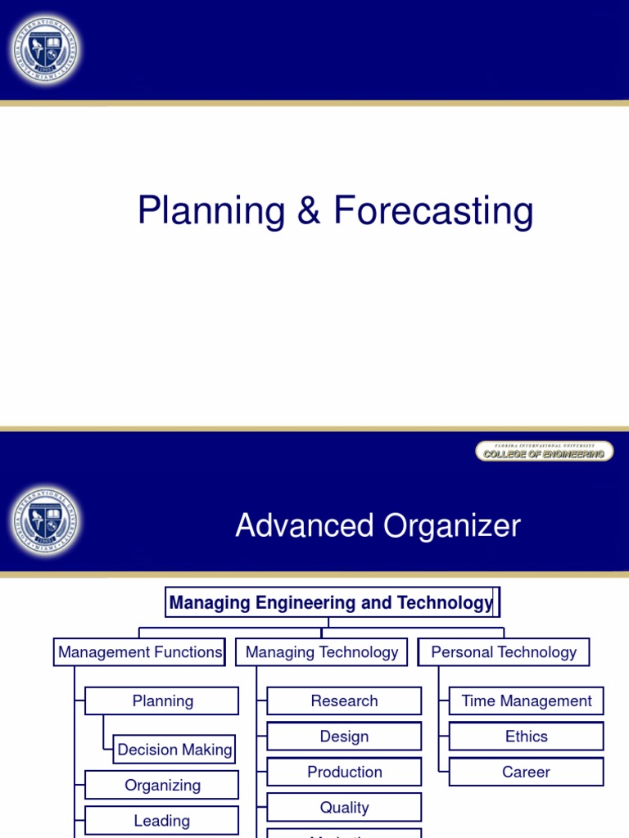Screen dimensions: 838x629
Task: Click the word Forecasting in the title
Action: (433, 211)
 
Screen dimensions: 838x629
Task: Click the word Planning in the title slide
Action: (211, 211)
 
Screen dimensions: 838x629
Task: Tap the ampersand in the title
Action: (309, 211)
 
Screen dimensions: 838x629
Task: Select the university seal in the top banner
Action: (46, 50)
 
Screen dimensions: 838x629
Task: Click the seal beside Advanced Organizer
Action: (46, 522)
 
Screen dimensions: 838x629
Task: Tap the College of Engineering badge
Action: (544, 452)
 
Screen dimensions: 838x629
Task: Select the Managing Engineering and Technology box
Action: (332, 603)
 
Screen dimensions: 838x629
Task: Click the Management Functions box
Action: (140, 652)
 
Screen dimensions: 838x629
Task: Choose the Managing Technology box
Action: (322, 652)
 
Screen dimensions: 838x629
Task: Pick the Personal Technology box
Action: (504, 652)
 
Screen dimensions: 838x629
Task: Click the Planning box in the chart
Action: (162, 701)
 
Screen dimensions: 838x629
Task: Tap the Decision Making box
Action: (174, 750)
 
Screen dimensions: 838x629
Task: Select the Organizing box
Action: (162, 786)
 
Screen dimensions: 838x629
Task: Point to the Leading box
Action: (162, 821)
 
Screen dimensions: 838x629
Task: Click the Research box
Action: (344, 701)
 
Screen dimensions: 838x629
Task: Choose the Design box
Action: (344, 737)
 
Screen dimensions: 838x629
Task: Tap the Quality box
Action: (344, 808)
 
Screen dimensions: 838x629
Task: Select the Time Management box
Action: (527, 701)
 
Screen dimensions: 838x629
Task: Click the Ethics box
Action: (527, 737)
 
